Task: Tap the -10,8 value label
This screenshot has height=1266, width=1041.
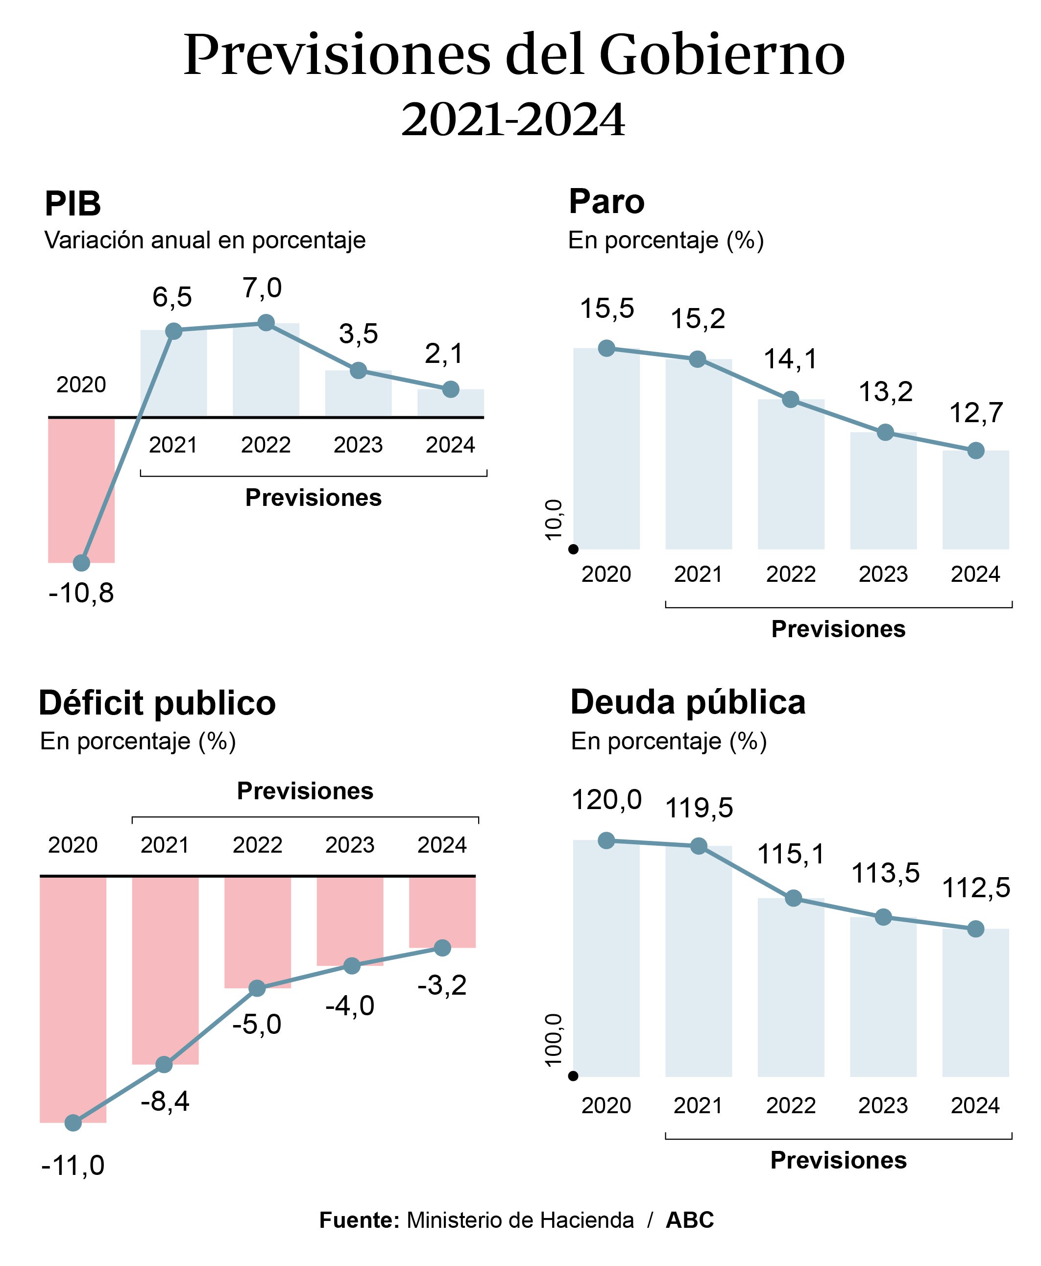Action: coord(81,594)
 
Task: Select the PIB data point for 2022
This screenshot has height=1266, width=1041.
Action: coord(266,323)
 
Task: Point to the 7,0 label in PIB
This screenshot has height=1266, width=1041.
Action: coord(262,288)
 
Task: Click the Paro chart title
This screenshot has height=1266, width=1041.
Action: coord(606,201)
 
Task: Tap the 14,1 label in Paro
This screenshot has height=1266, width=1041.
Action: coord(790,359)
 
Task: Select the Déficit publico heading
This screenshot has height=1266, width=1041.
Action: coord(157,702)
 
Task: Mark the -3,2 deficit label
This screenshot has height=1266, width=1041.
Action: coord(442,985)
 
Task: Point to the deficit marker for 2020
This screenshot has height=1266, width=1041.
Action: coord(73,1123)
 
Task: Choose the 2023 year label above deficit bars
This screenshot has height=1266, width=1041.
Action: coord(350,845)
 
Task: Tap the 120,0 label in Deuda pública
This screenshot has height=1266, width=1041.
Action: coord(606,800)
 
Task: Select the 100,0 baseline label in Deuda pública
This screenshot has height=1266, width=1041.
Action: coord(554,1040)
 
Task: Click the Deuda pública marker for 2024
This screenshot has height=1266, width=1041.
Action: coord(976,929)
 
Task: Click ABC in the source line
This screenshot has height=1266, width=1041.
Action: coord(690,1220)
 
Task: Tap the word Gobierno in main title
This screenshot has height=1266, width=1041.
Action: coord(722,55)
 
